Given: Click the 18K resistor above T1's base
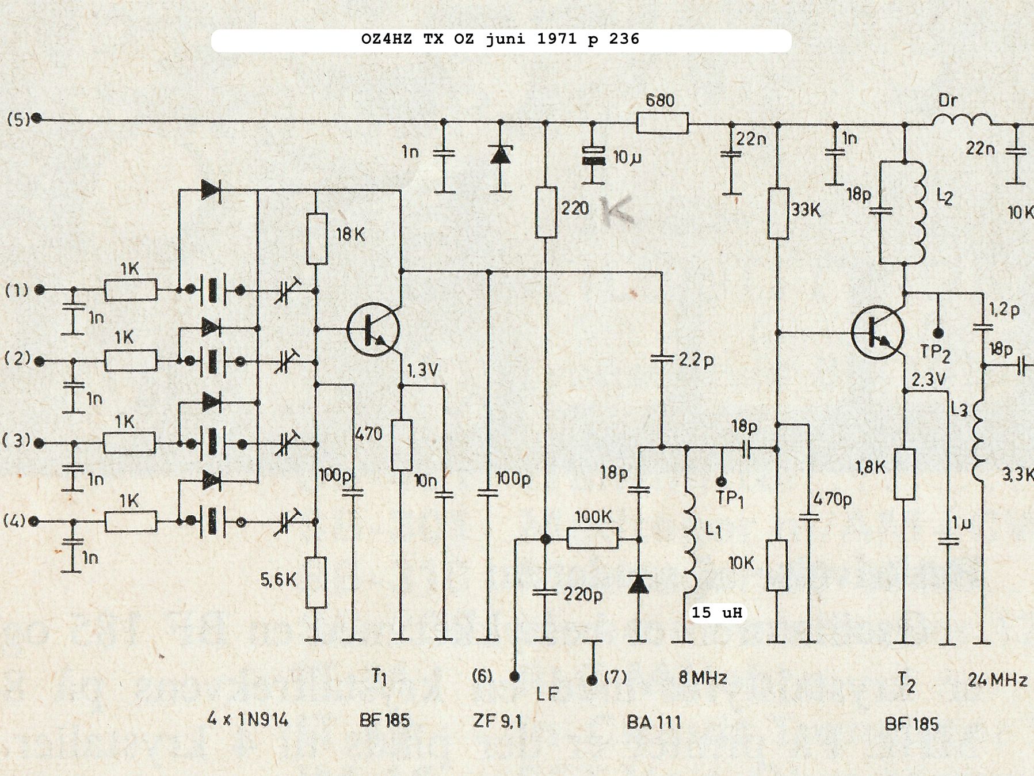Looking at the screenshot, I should (x=316, y=239).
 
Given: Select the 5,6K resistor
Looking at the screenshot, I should (x=316, y=582).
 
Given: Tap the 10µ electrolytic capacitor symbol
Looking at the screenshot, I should (x=593, y=156).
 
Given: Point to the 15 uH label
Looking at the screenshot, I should (x=716, y=612).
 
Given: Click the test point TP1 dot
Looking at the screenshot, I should (x=720, y=481).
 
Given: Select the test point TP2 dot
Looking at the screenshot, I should (x=937, y=333).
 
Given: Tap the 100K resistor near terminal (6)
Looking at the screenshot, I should (x=592, y=539).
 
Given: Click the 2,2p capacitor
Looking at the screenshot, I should (x=661, y=359).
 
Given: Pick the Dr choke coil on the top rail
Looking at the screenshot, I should (x=961, y=120).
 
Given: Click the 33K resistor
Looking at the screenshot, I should (x=778, y=213).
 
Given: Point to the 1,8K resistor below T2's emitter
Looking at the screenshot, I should (x=904, y=474).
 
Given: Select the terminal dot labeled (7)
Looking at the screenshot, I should (x=592, y=680).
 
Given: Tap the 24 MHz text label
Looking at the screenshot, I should (x=997, y=680).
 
